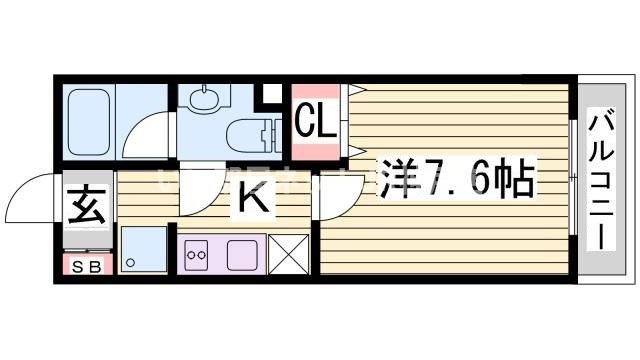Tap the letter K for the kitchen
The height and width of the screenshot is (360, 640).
pos(254,201)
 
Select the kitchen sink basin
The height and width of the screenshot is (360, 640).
pos(244,254)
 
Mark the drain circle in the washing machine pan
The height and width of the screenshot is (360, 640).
pos(133,263)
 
